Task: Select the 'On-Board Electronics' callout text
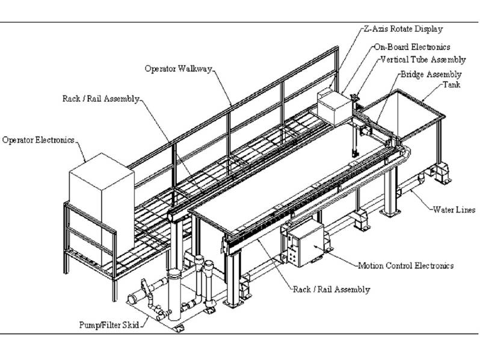coord(411,46)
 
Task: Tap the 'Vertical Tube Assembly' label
coord(423,60)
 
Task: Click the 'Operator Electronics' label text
coord(38,140)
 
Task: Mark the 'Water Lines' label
coord(454,210)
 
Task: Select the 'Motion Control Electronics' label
coord(405,265)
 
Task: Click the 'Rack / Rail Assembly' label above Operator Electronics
coord(101,98)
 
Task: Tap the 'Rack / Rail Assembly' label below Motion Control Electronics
coord(331,290)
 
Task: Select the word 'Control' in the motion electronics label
coord(404,265)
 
